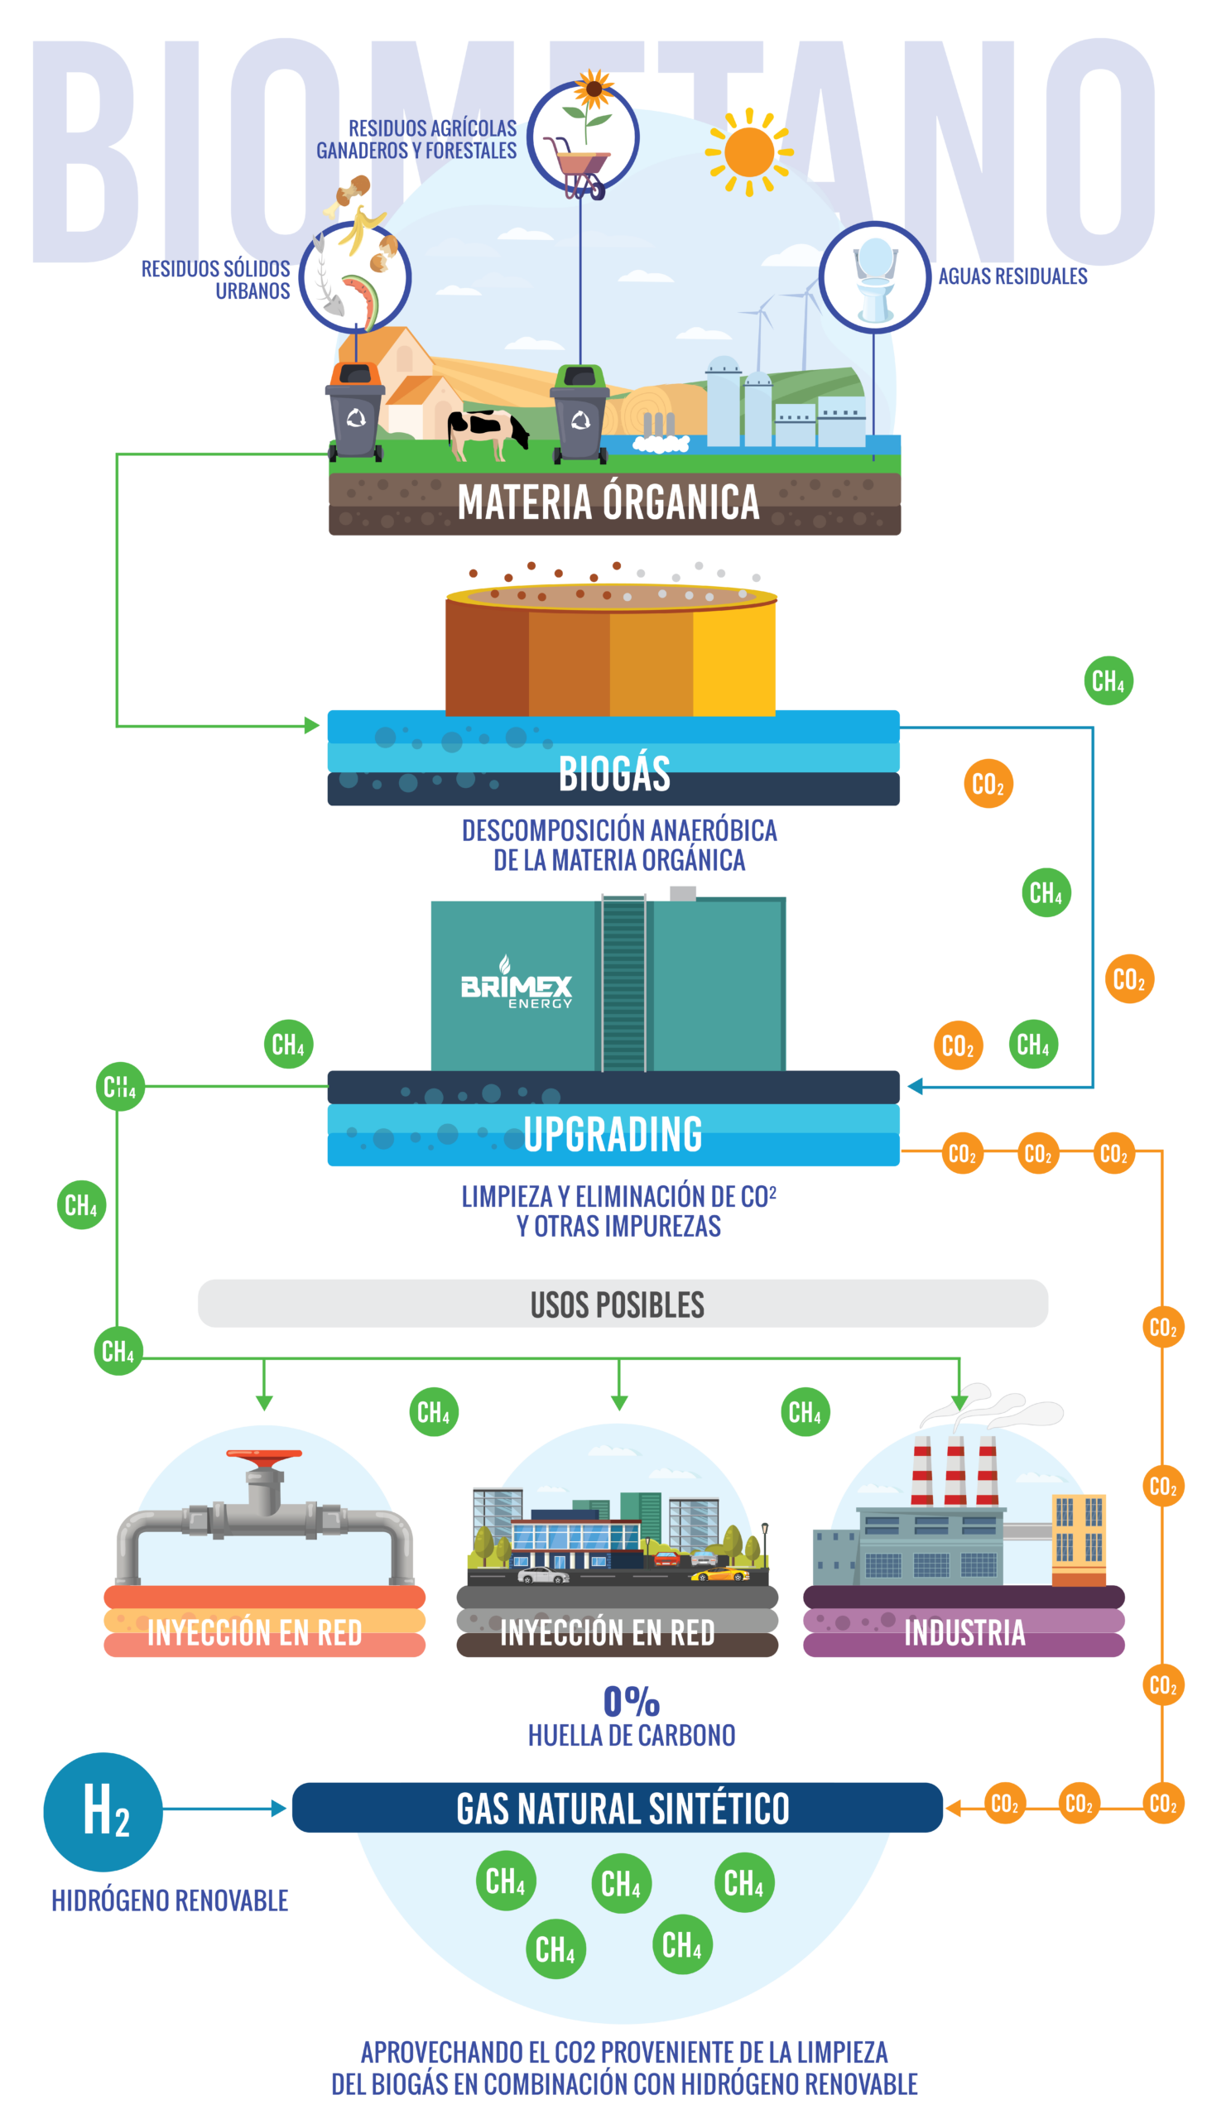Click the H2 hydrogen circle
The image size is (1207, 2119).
coord(103,1811)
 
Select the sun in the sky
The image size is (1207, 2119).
coord(748,151)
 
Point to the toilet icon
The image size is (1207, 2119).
coord(874,276)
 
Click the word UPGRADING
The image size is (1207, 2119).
coord(613,1134)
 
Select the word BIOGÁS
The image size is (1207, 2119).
coord(614,773)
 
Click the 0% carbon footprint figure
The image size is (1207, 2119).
coord(631,1701)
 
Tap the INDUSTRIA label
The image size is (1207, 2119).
coord(964,1632)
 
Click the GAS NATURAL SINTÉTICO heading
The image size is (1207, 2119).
coord(622,1809)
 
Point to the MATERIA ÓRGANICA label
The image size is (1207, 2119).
coord(608,502)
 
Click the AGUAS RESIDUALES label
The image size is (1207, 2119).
coord(1012,276)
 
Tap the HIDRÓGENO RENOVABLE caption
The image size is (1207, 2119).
coord(170,1900)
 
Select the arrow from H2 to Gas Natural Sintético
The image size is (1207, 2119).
coord(224,1808)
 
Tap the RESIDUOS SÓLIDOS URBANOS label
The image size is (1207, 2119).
coord(216,279)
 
